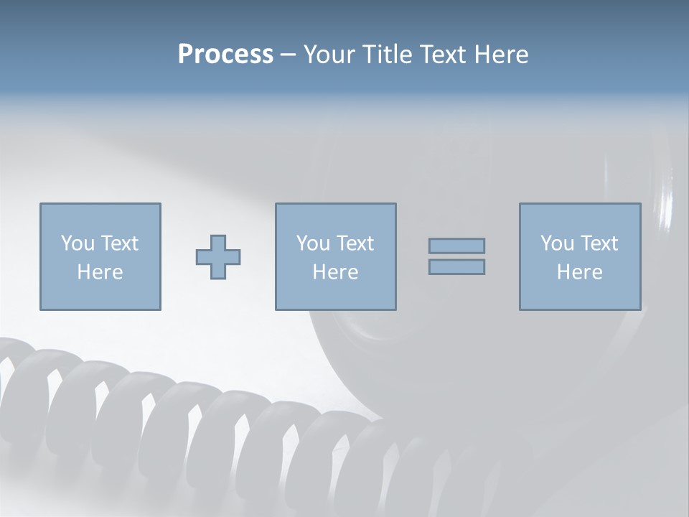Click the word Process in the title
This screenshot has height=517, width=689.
[x=225, y=55]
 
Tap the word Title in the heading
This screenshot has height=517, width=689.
[x=388, y=55]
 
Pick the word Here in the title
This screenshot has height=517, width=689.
[x=502, y=55]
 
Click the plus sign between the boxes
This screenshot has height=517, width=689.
[x=218, y=257]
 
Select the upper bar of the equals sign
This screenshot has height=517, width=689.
[x=456, y=246]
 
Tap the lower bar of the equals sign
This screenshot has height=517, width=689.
[x=456, y=267]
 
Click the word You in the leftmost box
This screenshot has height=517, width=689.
[x=78, y=243]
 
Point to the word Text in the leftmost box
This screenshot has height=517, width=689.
[x=118, y=243]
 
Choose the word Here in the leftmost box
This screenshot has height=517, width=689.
[x=100, y=272]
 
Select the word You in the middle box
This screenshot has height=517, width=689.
[x=313, y=243]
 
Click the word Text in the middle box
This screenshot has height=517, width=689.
[x=354, y=243]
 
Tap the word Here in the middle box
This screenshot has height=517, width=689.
[x=335, y=272]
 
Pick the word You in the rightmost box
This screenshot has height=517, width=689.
[x=557, y=243]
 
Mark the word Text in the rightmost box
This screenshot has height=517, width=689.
[x=598, y=243]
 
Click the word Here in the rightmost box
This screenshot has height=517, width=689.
[x=579, y=272]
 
